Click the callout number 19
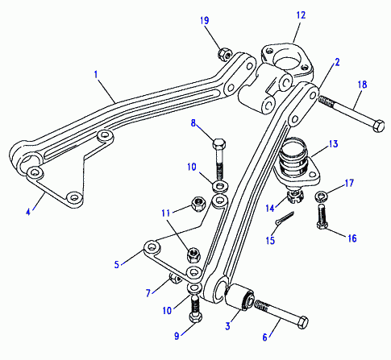[205, 21]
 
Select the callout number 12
[301, 15]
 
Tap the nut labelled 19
[224, 54]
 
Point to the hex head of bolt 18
[378, 126]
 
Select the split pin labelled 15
[285, 217]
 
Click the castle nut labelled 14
[295, 197]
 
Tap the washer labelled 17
[322, 196]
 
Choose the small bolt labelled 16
[322, 216]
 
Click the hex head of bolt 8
[219, 144]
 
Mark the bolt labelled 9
[195, 308]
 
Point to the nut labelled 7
[176, 278]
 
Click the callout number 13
[333, 144]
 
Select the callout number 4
[28, 212]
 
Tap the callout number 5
[116, 264]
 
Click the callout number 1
[96, 74]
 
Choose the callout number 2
[337, 62]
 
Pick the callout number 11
[166, 213]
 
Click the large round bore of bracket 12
[287, 63]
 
